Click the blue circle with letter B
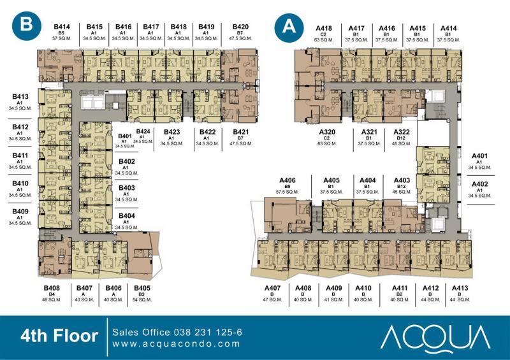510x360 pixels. (x=27, y=25)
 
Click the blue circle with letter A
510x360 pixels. (x=289, y=27)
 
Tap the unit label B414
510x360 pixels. (x=62, y=27)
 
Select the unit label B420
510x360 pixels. (x=241, y=27)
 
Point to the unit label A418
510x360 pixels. (x=324, y=29)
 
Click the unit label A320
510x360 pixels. (x=327, y=132)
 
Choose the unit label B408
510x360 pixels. (x=52, y=288)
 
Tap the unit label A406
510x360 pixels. (x=288, y=180)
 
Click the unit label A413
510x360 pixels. (x=460, y=288)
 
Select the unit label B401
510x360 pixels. (x=125, y=136)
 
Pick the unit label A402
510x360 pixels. (x=480, y=184)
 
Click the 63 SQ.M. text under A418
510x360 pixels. (x=324, y=40)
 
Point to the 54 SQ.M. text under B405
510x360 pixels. (x=142, y=300)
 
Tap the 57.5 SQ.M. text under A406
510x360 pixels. (x=288, y=192)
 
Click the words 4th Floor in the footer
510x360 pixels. (x=59, y=336)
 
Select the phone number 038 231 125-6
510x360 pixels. (x=208, y=332)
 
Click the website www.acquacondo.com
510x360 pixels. (x=177, y=343)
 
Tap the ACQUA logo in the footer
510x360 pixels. (x=435, y=338)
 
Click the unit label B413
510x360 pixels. (x=20, y=97)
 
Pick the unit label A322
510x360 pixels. (x=402, y=132)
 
